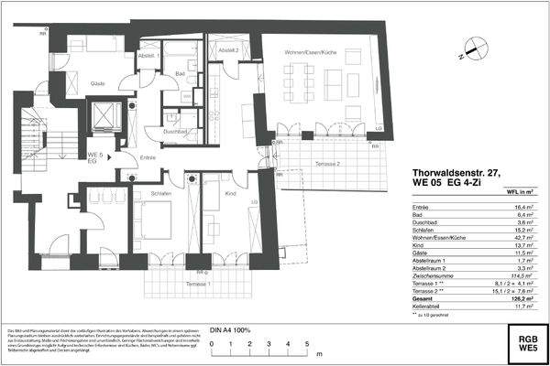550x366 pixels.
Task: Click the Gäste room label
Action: click(97, 84)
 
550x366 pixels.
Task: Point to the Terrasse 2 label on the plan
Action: click(326, 163)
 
